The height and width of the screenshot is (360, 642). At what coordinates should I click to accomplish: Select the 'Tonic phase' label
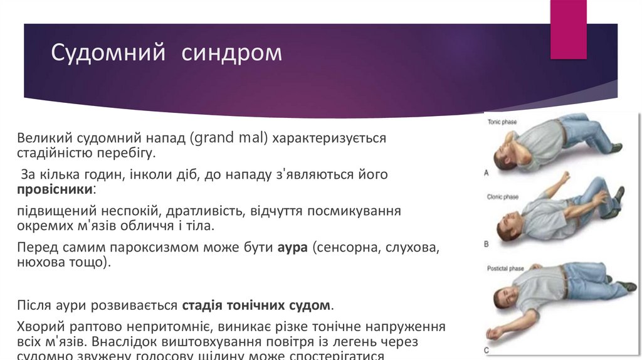[502, 122]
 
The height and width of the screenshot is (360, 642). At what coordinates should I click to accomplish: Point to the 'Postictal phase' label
[505, 268]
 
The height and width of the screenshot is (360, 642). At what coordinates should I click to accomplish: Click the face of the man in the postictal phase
[507, 295]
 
